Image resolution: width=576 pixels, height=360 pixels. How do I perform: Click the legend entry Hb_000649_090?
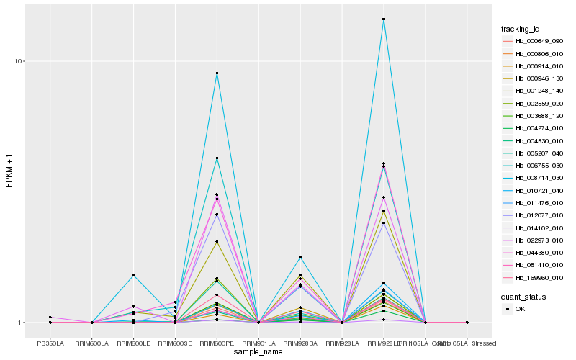point(534,41)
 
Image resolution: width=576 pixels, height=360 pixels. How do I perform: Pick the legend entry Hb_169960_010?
point(534,277)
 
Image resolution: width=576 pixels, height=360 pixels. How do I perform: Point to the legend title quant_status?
point(523,297)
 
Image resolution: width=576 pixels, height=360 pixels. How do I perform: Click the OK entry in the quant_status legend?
point(520,309)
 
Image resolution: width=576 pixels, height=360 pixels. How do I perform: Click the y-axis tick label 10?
point(21,61)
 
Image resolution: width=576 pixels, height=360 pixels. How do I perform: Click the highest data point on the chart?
point(384,19)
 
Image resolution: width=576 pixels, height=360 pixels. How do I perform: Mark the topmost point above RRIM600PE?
point(217,73)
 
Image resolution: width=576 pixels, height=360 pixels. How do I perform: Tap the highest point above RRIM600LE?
point(133,276)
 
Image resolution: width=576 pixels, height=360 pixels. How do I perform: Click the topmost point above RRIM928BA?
point(300,258)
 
